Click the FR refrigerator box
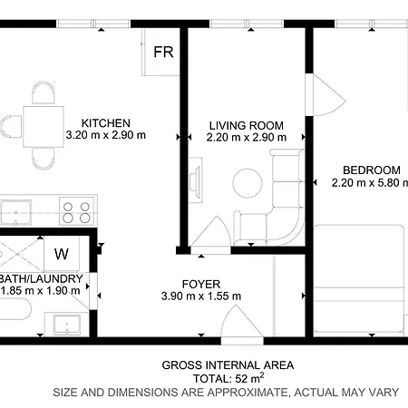[x=163, y=53]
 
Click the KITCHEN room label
[x=106, y=123]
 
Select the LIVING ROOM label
[x=247, y=125]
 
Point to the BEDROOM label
[x=371, y=170]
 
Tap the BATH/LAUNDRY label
[x=43, y=278]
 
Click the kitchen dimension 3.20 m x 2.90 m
[x=106, y=136]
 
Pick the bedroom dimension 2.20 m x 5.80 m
[x=371, y=182]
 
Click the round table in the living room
[x=247, y=184]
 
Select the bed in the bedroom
[x=361, y=277]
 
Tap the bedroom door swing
[x=322, y=94]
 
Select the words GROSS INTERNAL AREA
[x=228, y=365]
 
